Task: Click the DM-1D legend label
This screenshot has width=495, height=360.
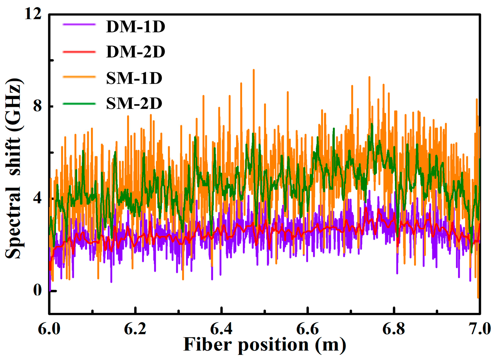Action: pos(136,27)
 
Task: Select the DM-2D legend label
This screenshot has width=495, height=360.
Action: pos(136,52)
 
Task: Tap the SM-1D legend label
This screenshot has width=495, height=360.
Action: pos(134,78)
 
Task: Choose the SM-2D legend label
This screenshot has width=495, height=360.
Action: pos(134,103)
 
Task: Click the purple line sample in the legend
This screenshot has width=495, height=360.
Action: pos(79,24)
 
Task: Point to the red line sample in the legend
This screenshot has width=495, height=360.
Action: pos(79,52)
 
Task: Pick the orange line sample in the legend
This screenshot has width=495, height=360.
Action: pos(79,77)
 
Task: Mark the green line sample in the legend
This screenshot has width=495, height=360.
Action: pos(79,103)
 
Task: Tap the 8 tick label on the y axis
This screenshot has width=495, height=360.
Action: pos(37,106)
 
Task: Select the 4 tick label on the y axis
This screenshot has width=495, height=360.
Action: pos(37,198)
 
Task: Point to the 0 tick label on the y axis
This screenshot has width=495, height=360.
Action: pos(37,291)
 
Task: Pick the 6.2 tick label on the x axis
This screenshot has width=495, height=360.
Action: pos(135,329)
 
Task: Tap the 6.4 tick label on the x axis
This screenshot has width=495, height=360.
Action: pos(222,329)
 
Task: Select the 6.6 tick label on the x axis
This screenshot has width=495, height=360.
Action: pos(308,329)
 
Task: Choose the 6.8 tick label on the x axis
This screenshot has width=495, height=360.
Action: pos(394,329)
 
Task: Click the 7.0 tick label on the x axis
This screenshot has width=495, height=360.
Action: pos(479,329)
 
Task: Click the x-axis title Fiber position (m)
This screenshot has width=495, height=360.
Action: pos(265,345)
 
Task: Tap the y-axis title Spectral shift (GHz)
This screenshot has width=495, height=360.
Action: pos(14,168)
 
